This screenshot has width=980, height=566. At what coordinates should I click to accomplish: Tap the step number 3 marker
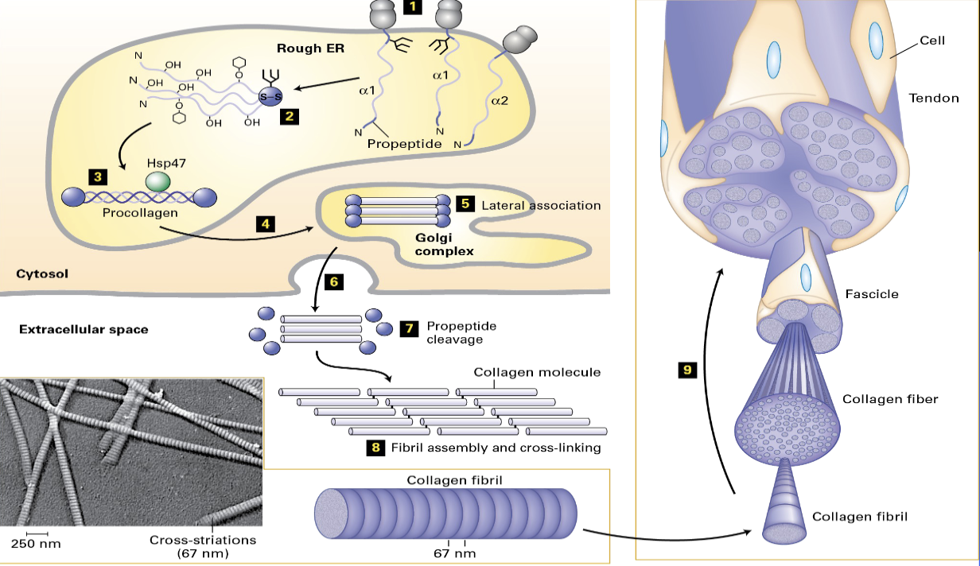click(x=96, y=176)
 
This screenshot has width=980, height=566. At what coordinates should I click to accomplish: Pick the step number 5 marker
click(x=465, y=204)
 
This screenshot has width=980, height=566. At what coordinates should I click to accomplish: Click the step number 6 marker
click(x=334, y=281)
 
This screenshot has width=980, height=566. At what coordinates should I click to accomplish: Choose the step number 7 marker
click(x=409, y=328)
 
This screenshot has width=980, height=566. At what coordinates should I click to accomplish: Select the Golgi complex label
click(x=444, y=244)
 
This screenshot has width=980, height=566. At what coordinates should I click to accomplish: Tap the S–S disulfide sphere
click(x=271, y=96)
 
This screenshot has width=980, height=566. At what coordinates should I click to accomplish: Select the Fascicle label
click(x=871, y=294)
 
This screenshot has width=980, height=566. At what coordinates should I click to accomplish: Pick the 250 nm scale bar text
click(x=36, y=544)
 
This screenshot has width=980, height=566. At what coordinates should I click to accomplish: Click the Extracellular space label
click(x=84, y=328)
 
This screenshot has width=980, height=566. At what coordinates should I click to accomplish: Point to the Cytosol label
click(x=42, y=273)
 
